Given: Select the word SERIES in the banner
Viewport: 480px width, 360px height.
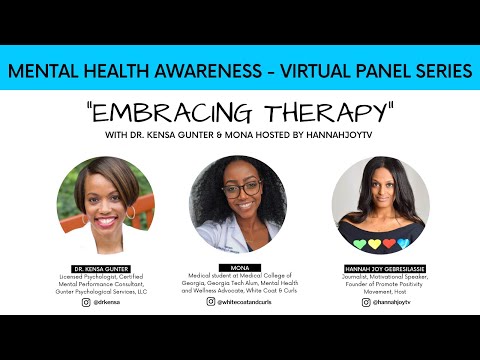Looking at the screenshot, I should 435,72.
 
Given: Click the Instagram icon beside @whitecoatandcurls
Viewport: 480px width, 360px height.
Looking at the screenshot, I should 211,300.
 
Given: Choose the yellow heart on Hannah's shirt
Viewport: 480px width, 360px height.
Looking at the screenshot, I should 372,242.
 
